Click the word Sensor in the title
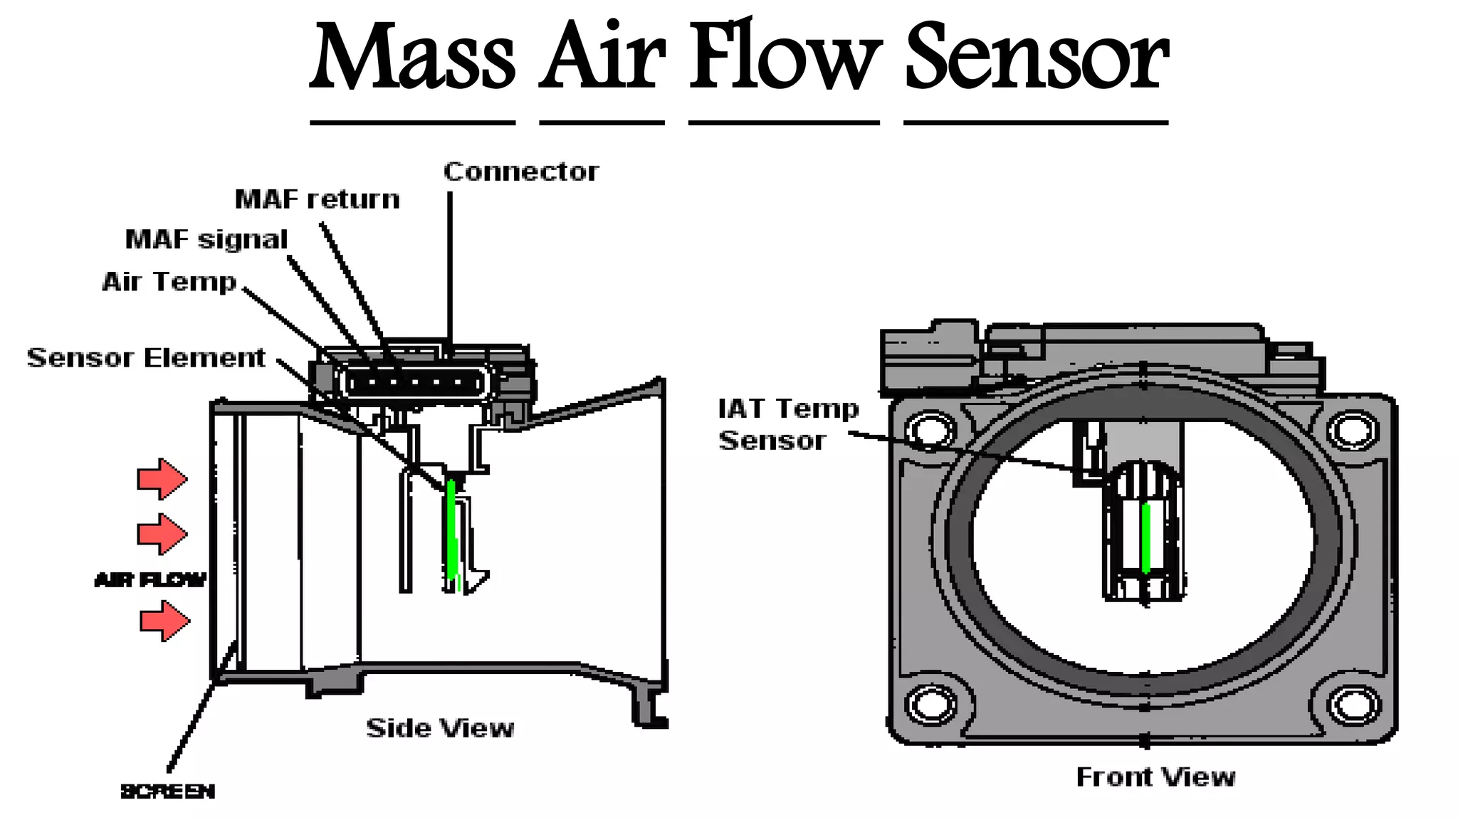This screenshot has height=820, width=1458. (1036, 57)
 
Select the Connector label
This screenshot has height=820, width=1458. (521, 172)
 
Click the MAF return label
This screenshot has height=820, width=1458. (318, 199)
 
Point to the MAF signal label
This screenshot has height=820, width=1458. (206, 240)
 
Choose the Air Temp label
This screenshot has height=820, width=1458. (169, 282)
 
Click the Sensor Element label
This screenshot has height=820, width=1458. (146, 357)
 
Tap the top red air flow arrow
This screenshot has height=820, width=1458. (162, 478)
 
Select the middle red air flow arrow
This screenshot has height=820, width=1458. (162, 534)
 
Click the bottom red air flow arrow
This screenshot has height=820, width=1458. (164, 621)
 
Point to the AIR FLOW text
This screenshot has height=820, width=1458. (150, 580)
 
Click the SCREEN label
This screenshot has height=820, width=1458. (167, 792)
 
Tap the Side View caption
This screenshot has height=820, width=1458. (440, 728)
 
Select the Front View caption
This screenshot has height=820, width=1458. (1155, 777)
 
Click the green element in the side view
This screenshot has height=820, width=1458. (451, 530)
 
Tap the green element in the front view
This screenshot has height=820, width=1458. (1145, 537)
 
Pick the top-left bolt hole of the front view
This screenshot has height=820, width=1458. (930, 429)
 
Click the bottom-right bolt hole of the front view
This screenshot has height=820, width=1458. (1353, 705)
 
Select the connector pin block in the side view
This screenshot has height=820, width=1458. (416, 384)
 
